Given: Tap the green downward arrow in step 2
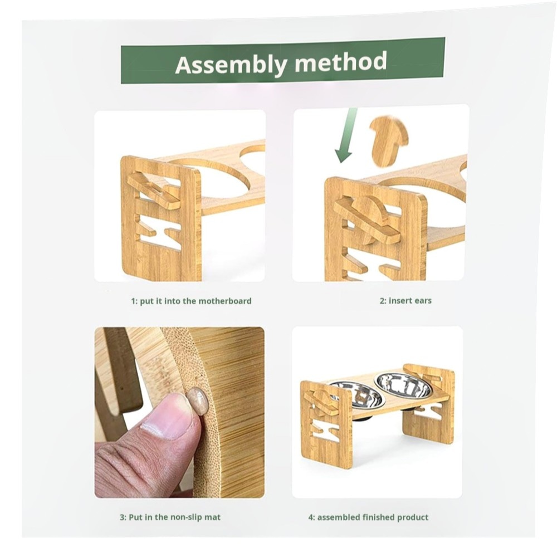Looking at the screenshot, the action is point(346,135).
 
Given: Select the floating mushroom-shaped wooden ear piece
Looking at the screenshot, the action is point(389,141).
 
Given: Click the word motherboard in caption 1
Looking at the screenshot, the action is point(225,301).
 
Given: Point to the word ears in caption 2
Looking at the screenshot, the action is point(423,301).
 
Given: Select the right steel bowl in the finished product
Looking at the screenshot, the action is point(403,386).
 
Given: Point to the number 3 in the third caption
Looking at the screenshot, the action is point(122,517).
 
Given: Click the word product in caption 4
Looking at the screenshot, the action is point(413,517).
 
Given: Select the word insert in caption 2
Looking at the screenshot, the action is point(400,301).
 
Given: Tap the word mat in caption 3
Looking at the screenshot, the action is point(212,517).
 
